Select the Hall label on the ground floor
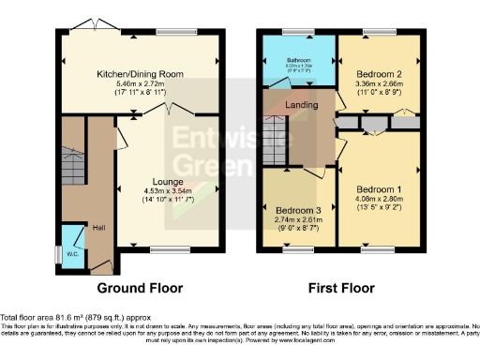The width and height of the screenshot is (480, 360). (98, 226)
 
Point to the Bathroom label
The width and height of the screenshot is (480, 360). (297, 59)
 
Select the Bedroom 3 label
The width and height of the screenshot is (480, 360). (295, 209)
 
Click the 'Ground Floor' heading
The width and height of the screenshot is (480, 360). (140, 288)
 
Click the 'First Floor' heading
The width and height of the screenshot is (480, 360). (337, 288)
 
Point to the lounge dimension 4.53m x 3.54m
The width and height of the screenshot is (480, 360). (168, 192)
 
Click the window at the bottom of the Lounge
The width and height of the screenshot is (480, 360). (168, 248)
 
